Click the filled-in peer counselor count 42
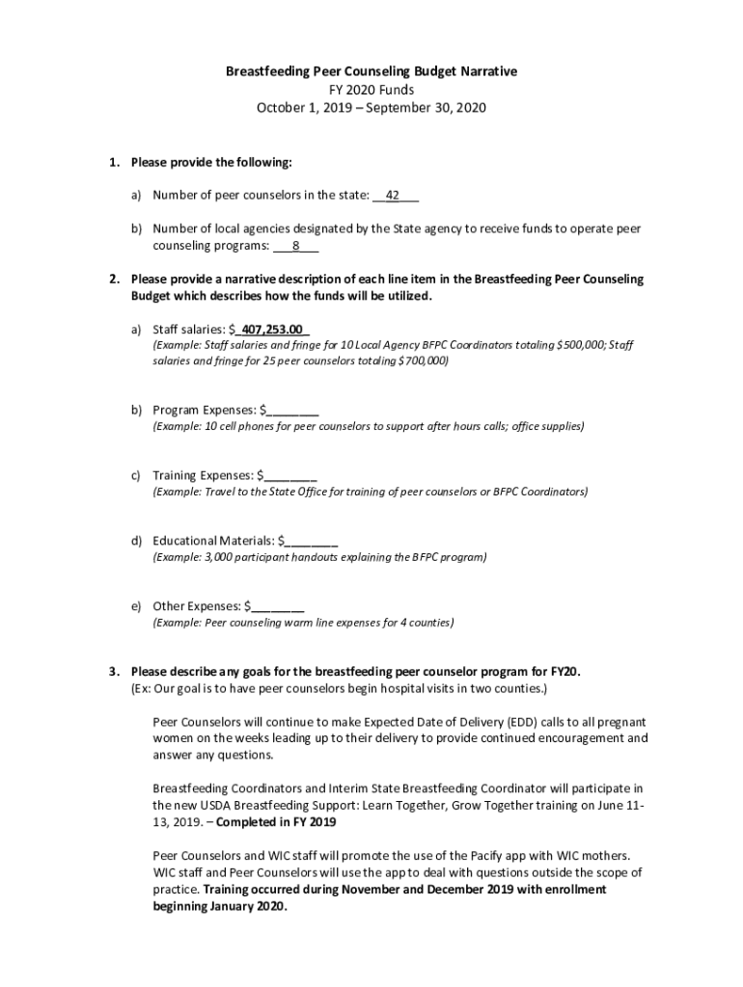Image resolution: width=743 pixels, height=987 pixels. click(393, 196)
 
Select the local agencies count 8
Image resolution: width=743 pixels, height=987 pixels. click(295, 246)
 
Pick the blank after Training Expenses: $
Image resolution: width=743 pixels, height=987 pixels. click(289, 475)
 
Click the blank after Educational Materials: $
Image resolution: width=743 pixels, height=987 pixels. click(311, 541)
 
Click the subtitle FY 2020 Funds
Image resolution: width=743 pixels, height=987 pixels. click(371, 90)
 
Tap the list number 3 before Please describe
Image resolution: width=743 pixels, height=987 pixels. click(113, 672)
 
